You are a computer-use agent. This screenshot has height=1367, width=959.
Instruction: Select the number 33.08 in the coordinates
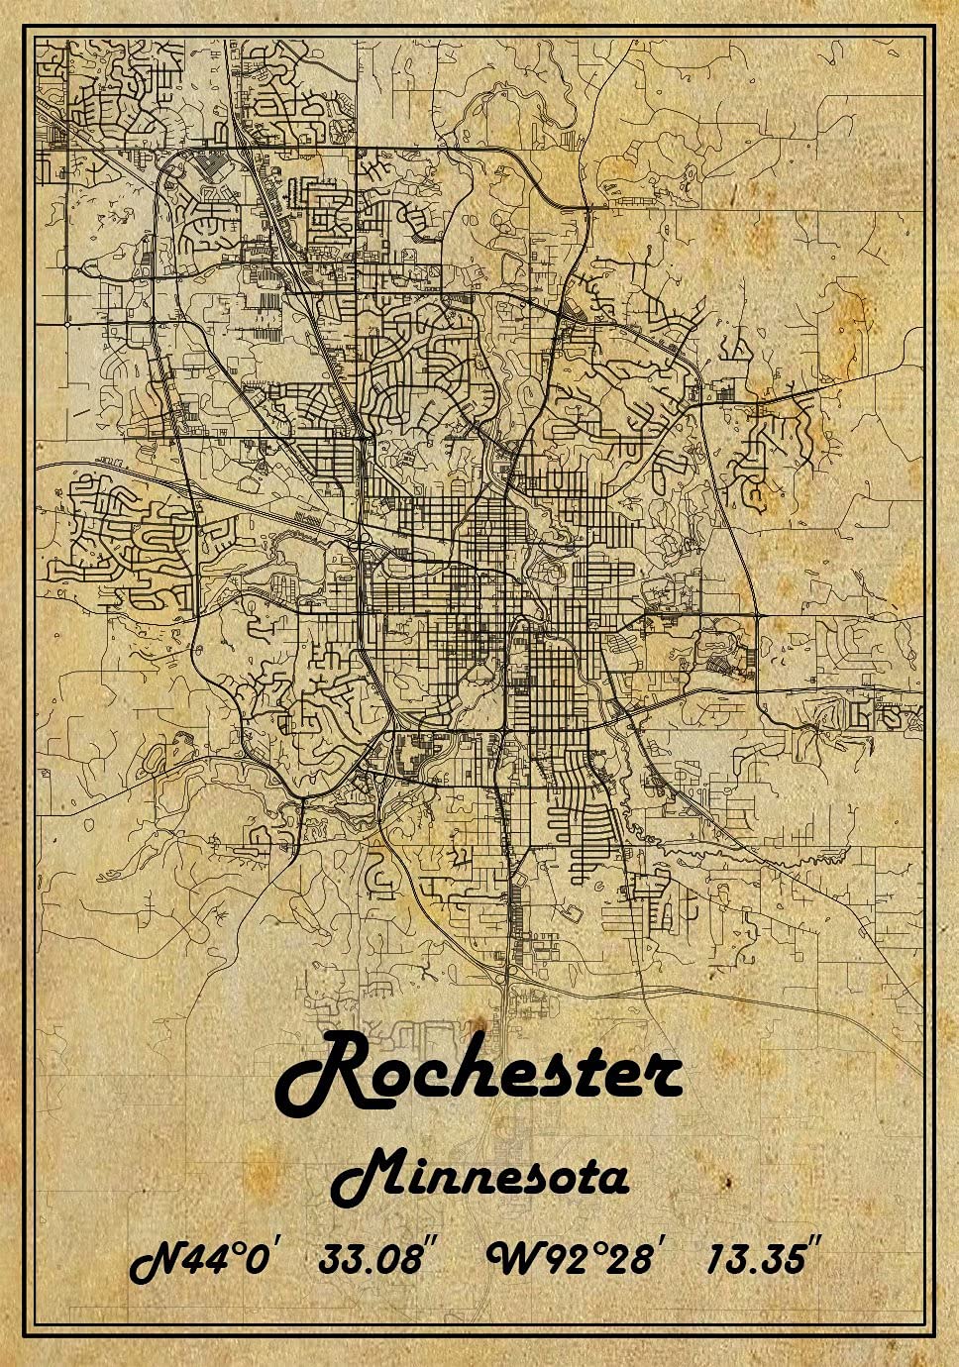[x=370, y=1260]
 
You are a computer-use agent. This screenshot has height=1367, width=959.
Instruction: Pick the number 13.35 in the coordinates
[x=755, y=1260]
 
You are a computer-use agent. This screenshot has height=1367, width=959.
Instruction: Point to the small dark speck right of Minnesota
[x=728, y=1182]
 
